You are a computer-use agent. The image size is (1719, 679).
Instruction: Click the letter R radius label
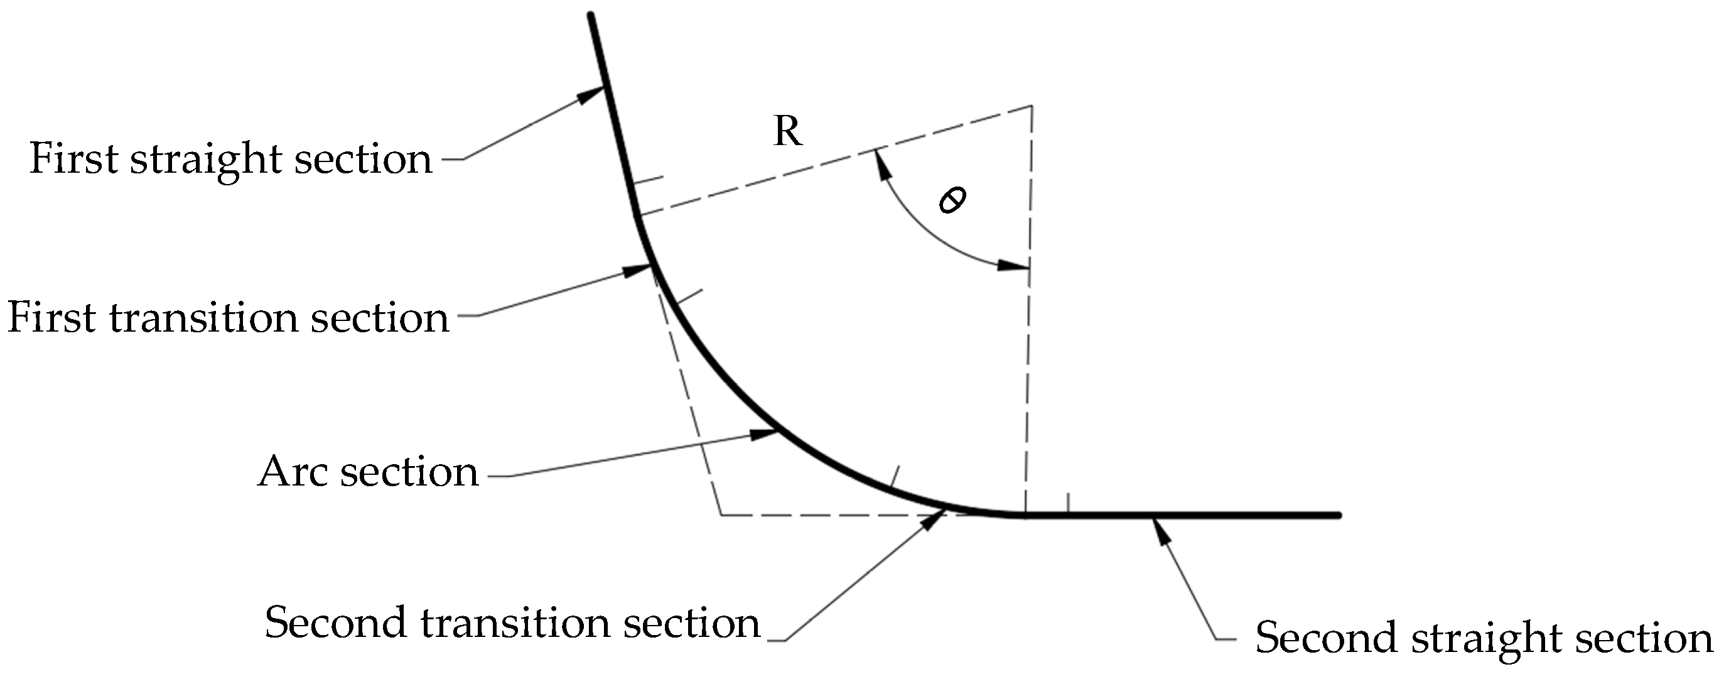point(787,131)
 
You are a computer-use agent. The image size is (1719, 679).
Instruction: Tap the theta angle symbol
point(952,200)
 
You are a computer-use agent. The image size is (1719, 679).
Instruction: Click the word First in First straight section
point(73,159)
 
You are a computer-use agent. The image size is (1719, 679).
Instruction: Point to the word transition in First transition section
point(203,317)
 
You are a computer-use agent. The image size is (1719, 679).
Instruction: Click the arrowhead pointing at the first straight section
point(592,95)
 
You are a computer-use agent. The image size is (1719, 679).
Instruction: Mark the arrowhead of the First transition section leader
point(637,269)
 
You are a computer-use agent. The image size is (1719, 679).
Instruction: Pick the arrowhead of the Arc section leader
point(765,434)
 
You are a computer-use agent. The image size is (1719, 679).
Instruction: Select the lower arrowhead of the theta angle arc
point(1012,266)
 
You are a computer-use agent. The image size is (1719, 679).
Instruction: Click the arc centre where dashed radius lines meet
point(1032,106)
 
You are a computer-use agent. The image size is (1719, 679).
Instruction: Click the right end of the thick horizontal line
point(1337,515)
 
